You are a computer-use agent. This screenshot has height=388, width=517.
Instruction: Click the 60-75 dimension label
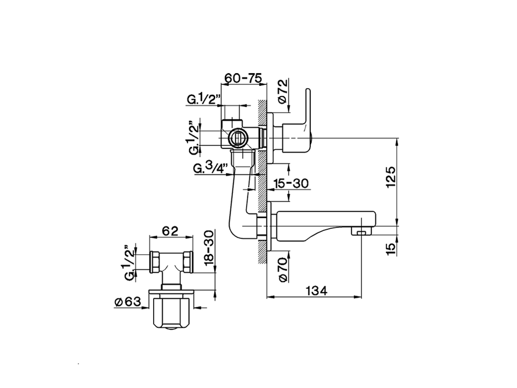point(244,78)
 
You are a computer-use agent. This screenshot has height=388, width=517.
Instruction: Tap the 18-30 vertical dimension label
point(209,249)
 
